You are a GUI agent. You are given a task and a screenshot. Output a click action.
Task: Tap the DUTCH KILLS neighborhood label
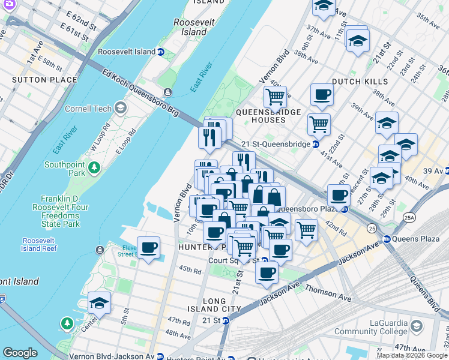360,81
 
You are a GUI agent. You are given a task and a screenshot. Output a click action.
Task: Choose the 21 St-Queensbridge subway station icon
316,144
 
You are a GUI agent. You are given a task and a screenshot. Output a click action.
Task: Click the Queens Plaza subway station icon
387,238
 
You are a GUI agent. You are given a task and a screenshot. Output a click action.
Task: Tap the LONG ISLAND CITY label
214,305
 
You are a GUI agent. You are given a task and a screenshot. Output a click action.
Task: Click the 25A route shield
409,217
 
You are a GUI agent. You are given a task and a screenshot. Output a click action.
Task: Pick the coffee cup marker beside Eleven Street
148,247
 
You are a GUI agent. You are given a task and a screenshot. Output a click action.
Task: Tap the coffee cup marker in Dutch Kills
322,94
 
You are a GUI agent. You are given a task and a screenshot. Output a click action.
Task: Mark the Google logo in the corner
20,353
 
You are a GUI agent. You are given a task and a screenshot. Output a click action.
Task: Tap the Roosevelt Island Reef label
39,244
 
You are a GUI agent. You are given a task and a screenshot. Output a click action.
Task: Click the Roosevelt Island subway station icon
161,52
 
